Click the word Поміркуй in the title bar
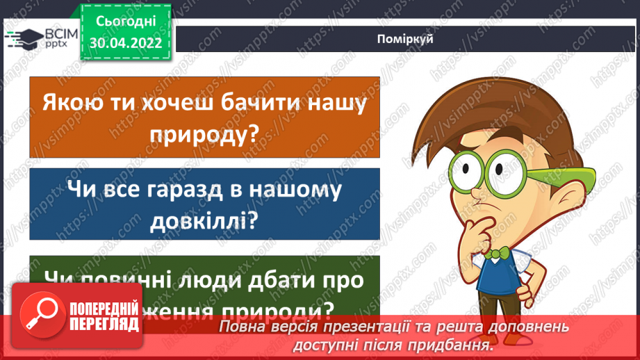pos(407,39)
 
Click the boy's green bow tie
pos(495,254)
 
